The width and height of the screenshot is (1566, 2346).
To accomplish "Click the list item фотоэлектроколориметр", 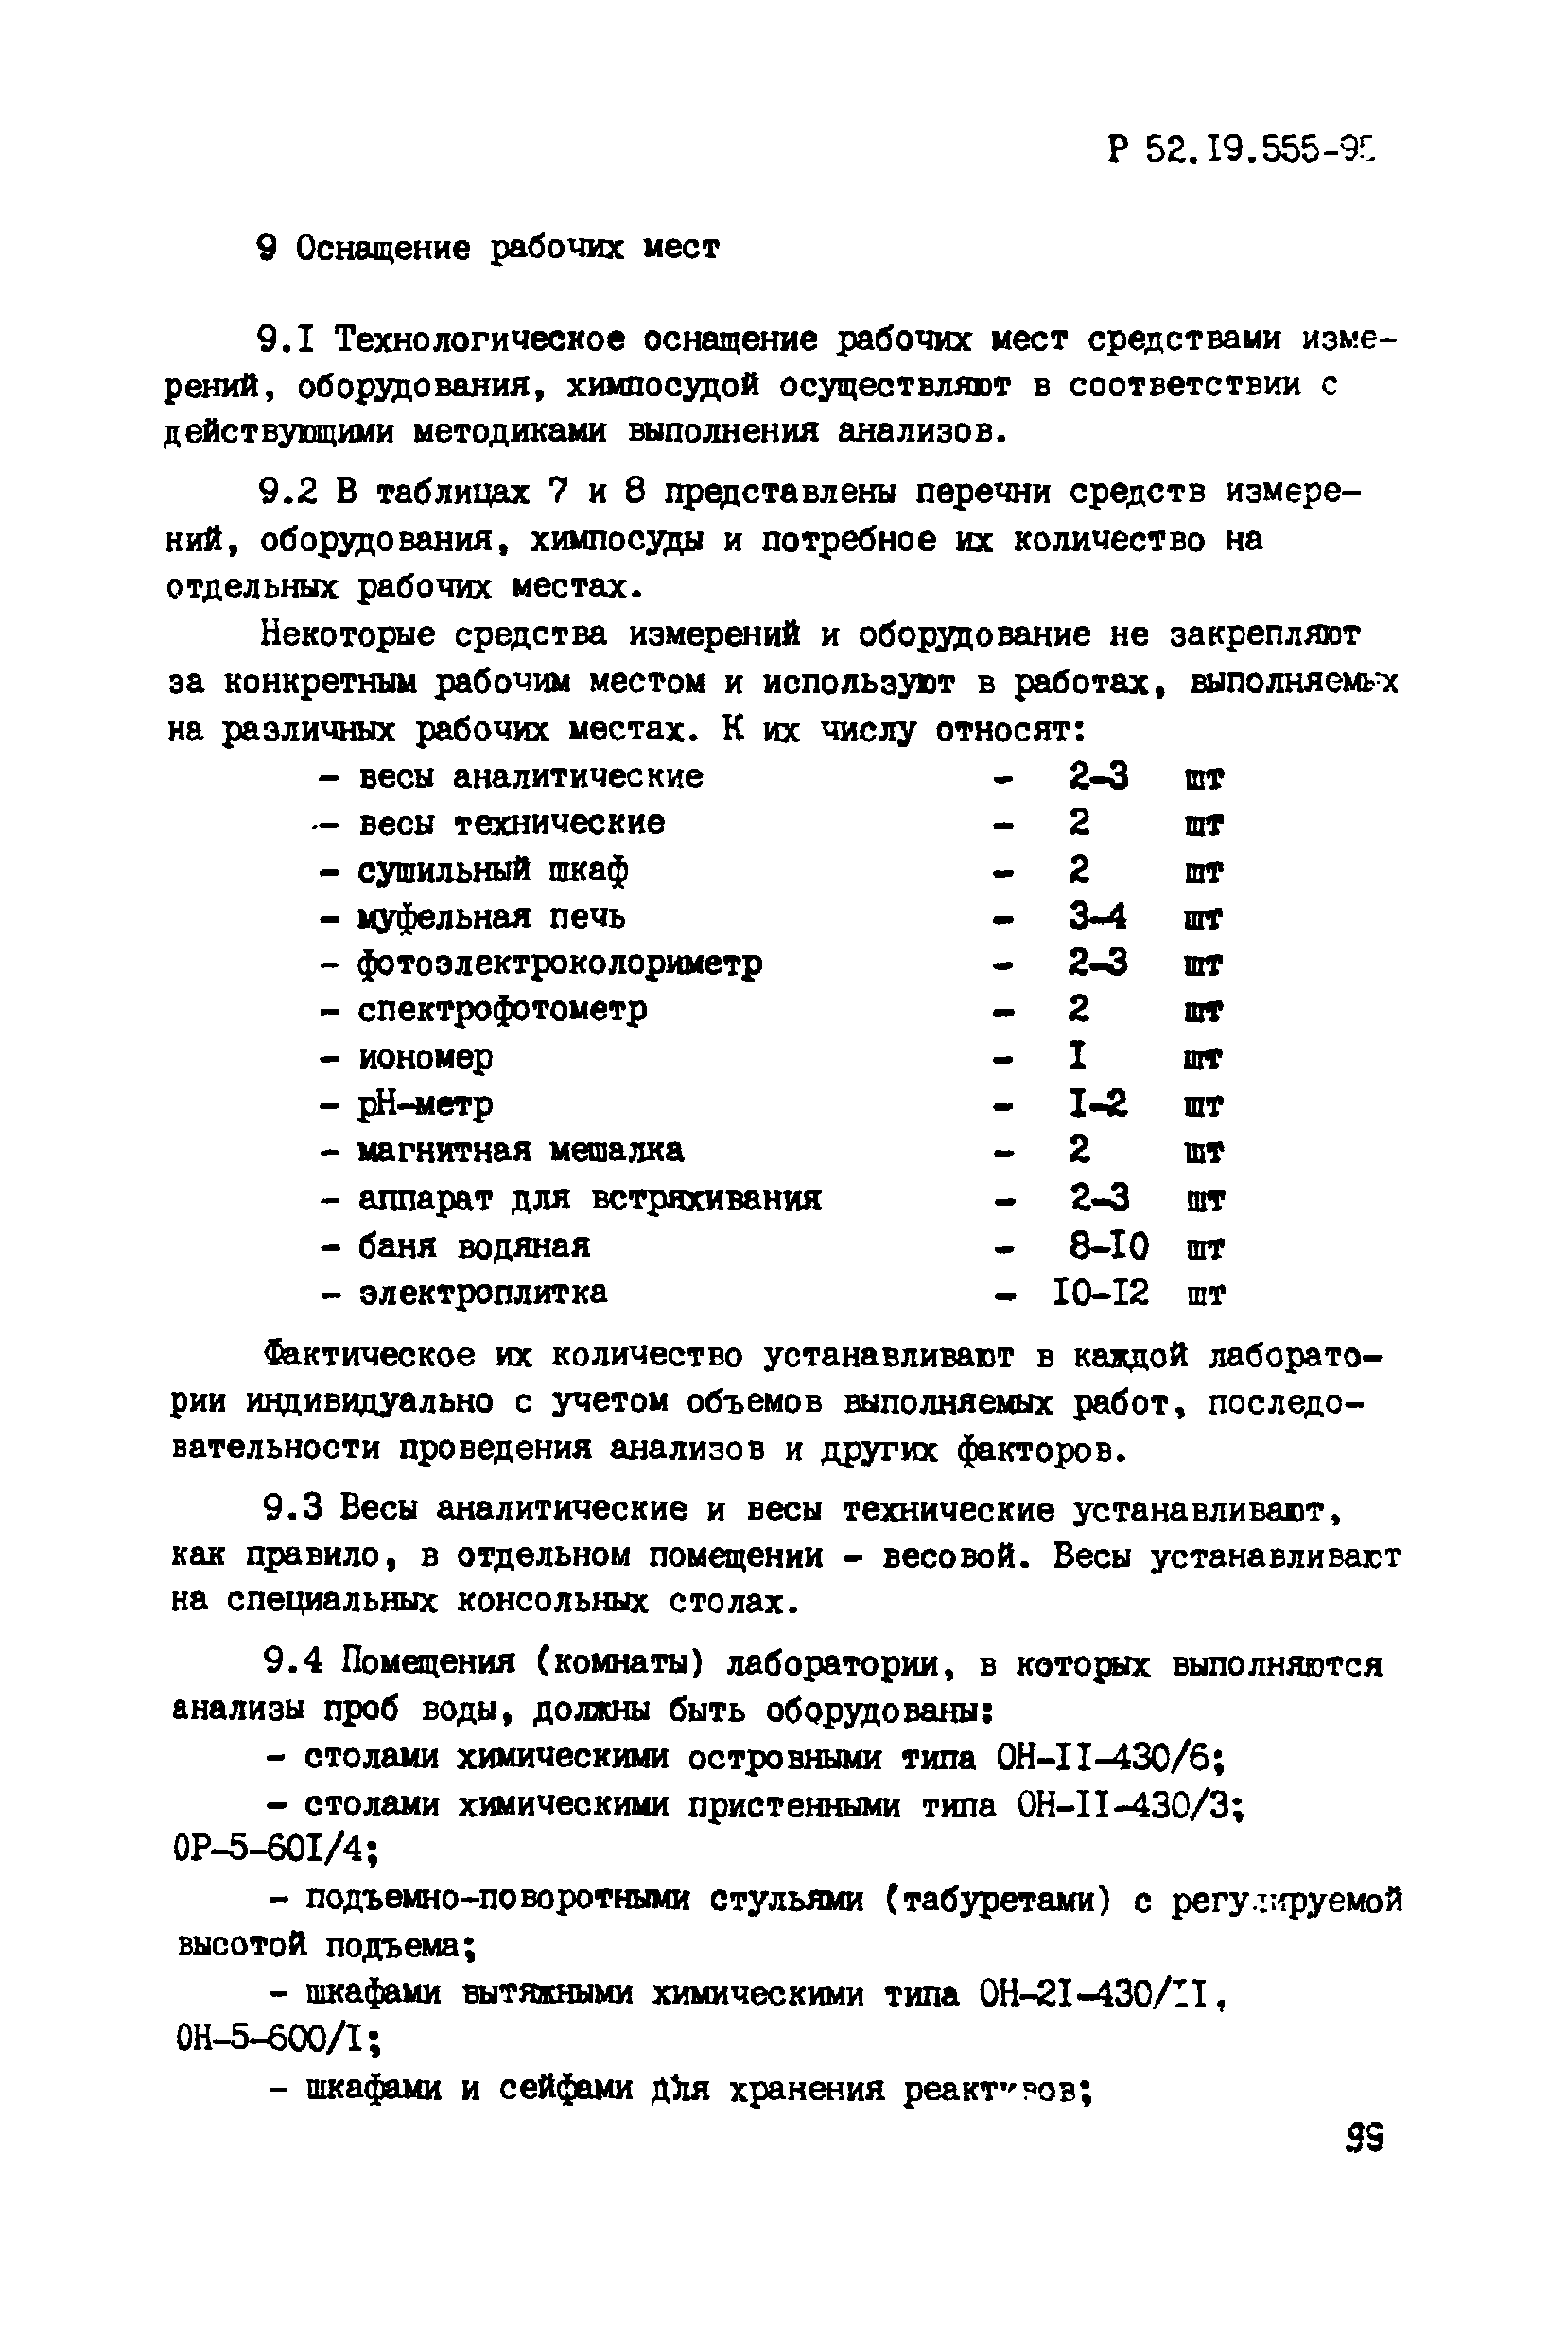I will click(x=560, y=963).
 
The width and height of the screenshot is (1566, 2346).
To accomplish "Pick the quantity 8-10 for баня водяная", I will click(x=1108, y=1245).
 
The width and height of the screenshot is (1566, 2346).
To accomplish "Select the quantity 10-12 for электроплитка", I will click(x=1101, y=1293).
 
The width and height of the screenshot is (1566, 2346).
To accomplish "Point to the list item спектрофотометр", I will click(x=502, y=1010).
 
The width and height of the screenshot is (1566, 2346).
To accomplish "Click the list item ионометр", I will click(x=426, y=1056).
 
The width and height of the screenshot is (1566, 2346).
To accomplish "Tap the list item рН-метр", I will click(x=426, y=1103).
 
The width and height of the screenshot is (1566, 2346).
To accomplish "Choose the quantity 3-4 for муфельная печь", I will click(x=1098, y=916).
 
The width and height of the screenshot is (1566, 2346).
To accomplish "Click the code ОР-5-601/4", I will click(x=272, y=1851).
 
